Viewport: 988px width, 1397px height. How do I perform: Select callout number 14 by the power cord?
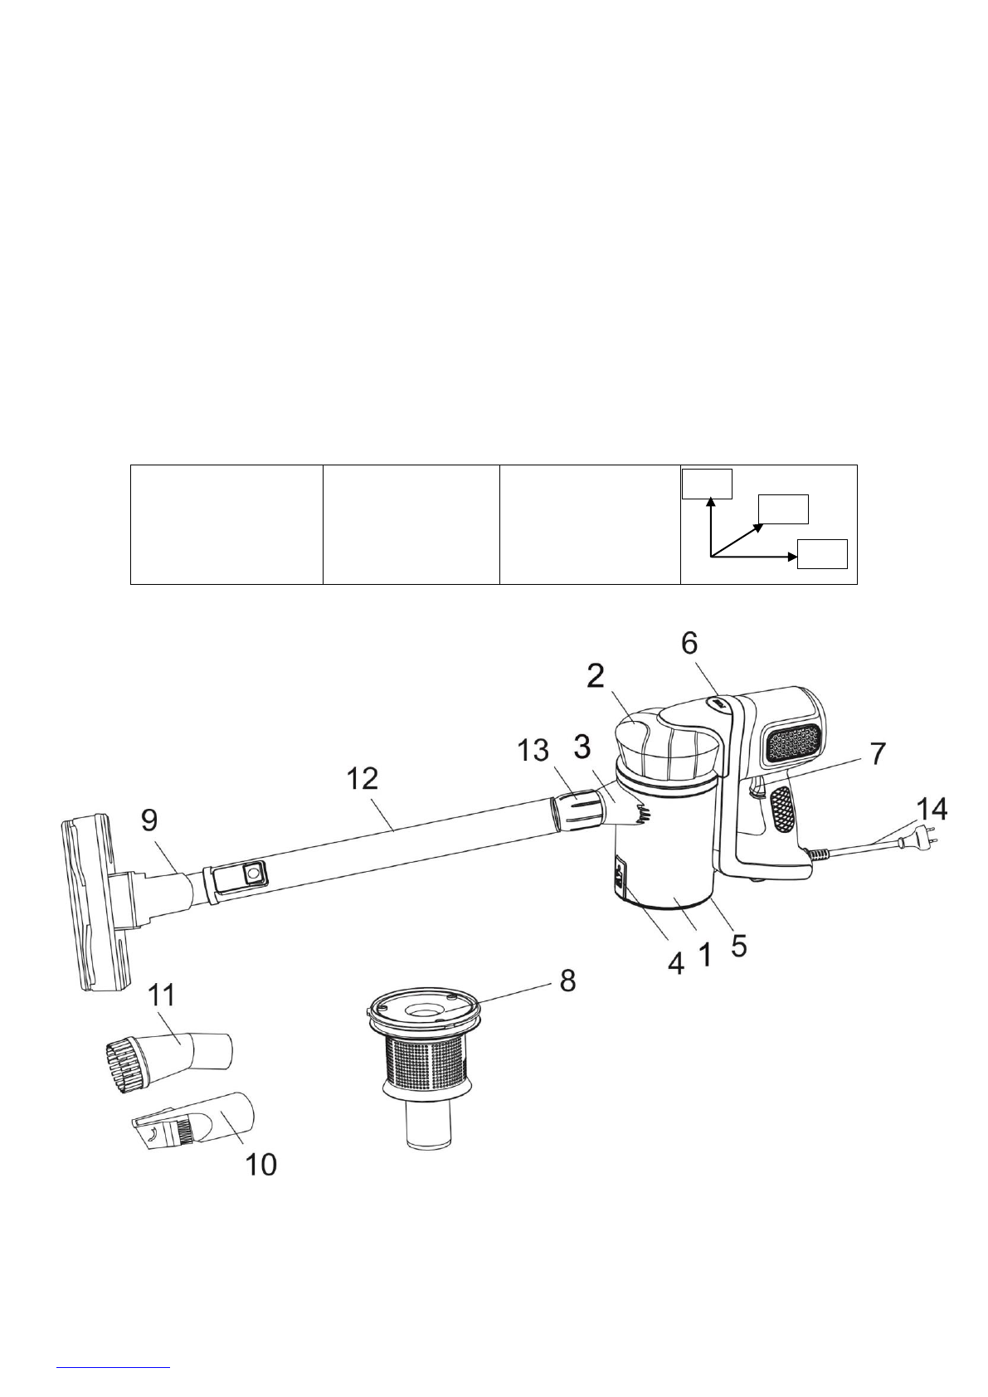point(932,810)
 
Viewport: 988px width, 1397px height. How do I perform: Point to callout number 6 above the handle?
point(689,645)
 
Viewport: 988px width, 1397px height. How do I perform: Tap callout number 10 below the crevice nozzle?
point(260,1164)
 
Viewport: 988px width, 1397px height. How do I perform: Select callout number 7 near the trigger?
point(878,753)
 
